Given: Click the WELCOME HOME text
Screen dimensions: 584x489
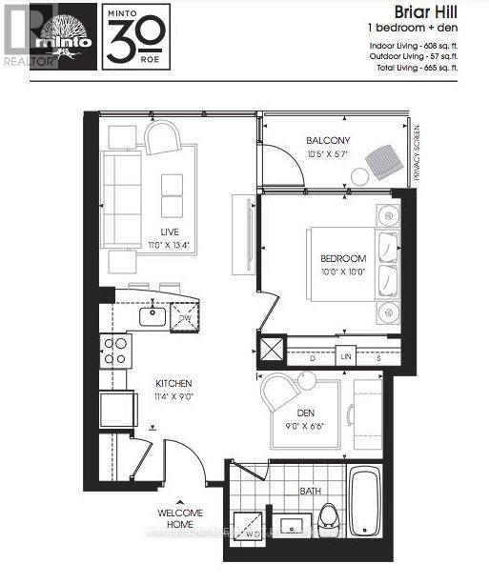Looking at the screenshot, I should [x=180, y=518].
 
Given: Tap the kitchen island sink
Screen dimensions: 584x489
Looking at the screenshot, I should [x=153, y=313].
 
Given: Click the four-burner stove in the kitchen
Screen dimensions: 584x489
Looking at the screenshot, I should [x=115, y=352].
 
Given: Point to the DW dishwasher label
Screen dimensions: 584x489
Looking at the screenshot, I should [x=197, y=318].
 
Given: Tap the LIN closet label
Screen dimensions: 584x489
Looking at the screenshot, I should [x=347, y=357].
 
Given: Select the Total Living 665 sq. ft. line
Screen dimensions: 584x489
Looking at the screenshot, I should [x=414, y=68].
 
